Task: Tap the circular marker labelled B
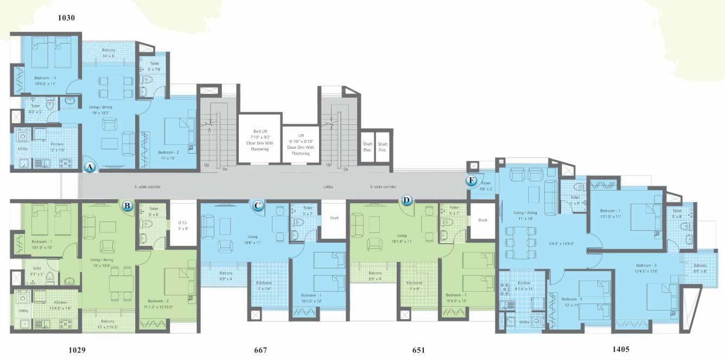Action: pos(127,206)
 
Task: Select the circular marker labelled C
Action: pos(258,205)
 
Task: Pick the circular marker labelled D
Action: pos(407,200)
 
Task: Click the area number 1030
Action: pos(66,17)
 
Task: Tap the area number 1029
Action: pos(77,350)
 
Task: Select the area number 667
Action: pos(260,350)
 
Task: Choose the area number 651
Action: pos(418,350)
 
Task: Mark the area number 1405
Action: pos(620,349)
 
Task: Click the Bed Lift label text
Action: pos(260,131)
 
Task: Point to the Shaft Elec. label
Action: pos(367,147)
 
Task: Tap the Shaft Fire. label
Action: pos(383,147)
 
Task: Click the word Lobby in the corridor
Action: pos(328,187)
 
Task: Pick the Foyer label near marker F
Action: pos(486,184)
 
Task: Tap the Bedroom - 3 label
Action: pos(647,266)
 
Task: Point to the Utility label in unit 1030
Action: pos(23,148)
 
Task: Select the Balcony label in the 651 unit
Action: pos(376,273)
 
